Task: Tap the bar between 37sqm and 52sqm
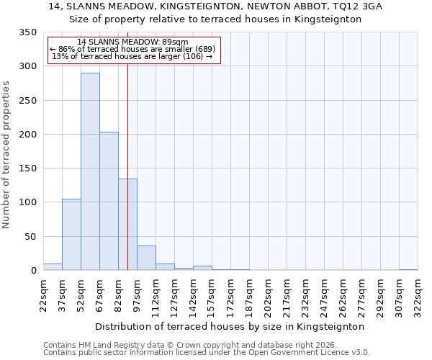71,234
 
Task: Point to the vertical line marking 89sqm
127,144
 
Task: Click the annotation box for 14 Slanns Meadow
133,50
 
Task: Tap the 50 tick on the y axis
30,237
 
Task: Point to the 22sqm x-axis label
43,295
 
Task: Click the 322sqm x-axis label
418,295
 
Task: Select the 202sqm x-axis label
268,295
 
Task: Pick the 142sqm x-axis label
193,295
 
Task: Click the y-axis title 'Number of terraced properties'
6,154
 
